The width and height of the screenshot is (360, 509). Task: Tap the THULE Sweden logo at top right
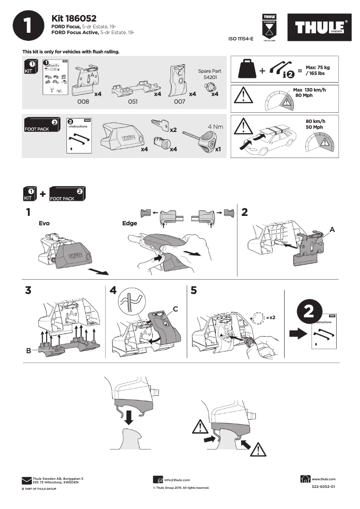click(x=320, y=28)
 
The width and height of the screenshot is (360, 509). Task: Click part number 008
click(x=84, y=102)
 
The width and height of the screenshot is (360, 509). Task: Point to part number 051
click(x=132, y=102)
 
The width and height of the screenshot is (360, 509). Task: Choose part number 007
click(x=180, y=102)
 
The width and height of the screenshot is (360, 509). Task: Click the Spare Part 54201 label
click(x=210, y=74)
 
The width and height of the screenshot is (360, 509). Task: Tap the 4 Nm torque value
click(x=215, y=127)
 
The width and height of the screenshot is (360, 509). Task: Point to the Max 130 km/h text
click(x=309, y=93)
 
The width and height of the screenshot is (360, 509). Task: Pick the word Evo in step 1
click(x=44, y=223)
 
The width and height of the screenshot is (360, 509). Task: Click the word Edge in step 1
click(x=129, y=223)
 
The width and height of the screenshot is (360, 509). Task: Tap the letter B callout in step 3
click(x=28, y=351)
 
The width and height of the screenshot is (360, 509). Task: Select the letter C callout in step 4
click(x=176, y=309)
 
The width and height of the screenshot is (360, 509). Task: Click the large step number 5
click(x=193, y=290)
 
